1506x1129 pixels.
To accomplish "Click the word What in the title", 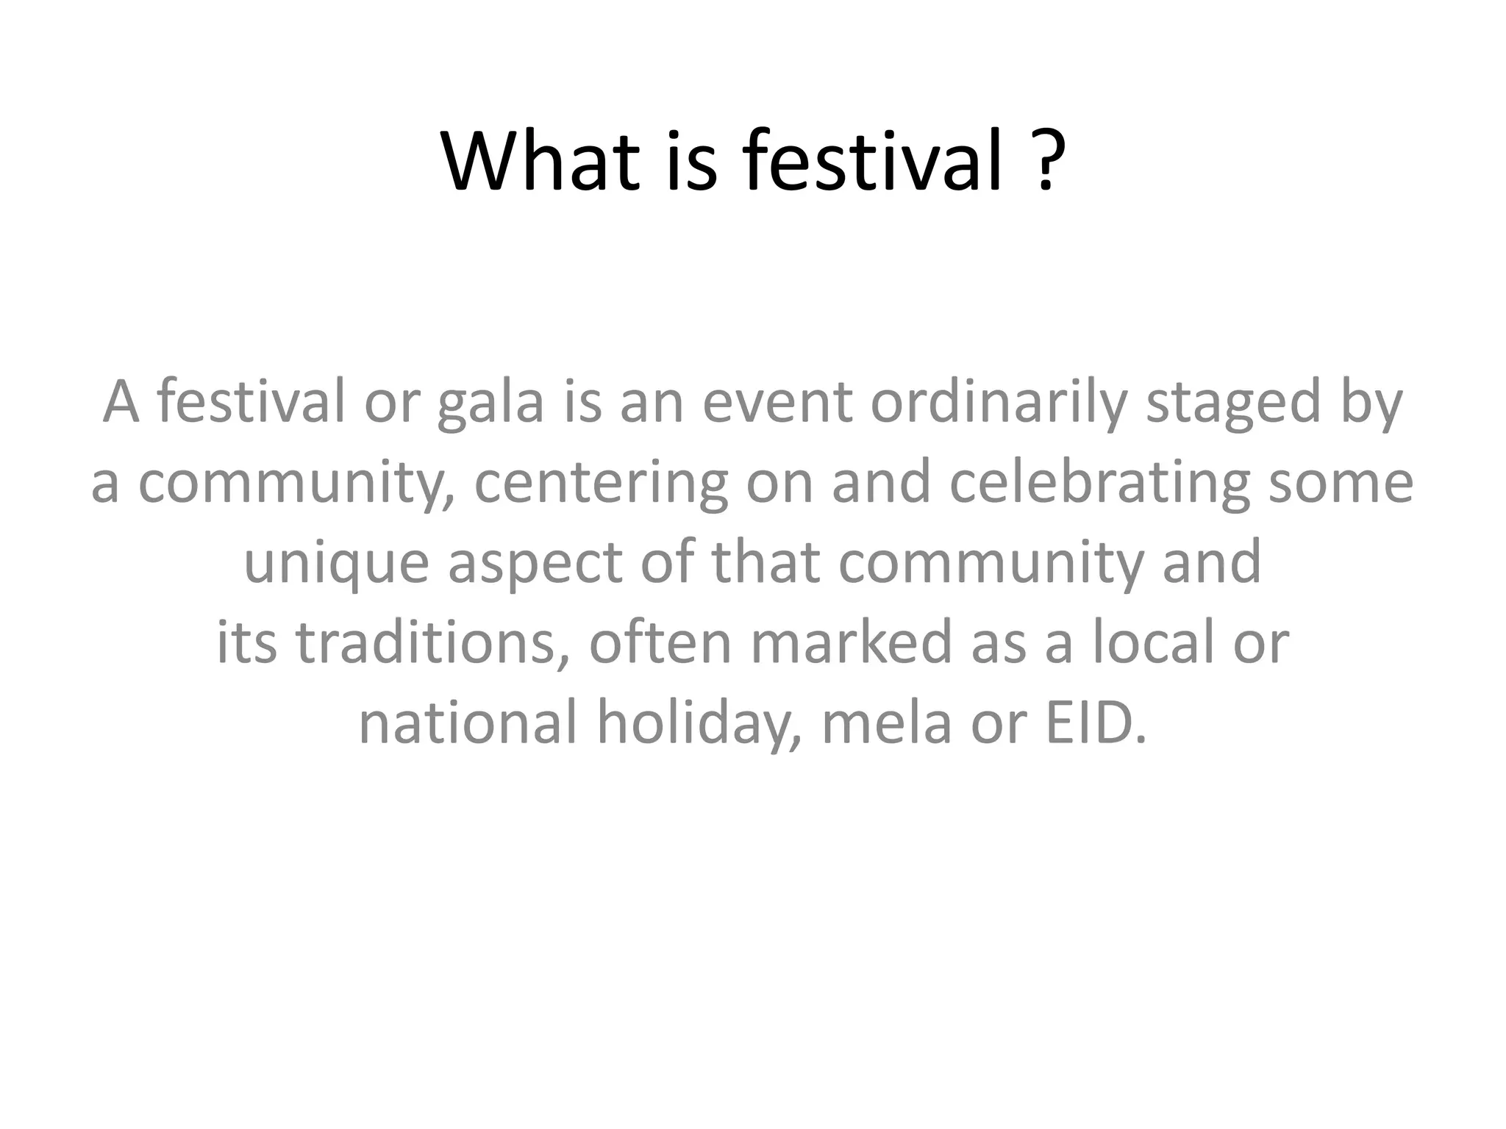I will [540, 161].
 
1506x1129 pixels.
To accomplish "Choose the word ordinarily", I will [999, 403].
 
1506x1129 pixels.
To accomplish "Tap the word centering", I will [601, 484].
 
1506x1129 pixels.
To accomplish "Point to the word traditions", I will [432, 642].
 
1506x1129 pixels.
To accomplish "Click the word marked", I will [852, 642].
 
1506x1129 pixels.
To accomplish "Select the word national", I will [467, 723].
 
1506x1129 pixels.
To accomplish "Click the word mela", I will [886, 723].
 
